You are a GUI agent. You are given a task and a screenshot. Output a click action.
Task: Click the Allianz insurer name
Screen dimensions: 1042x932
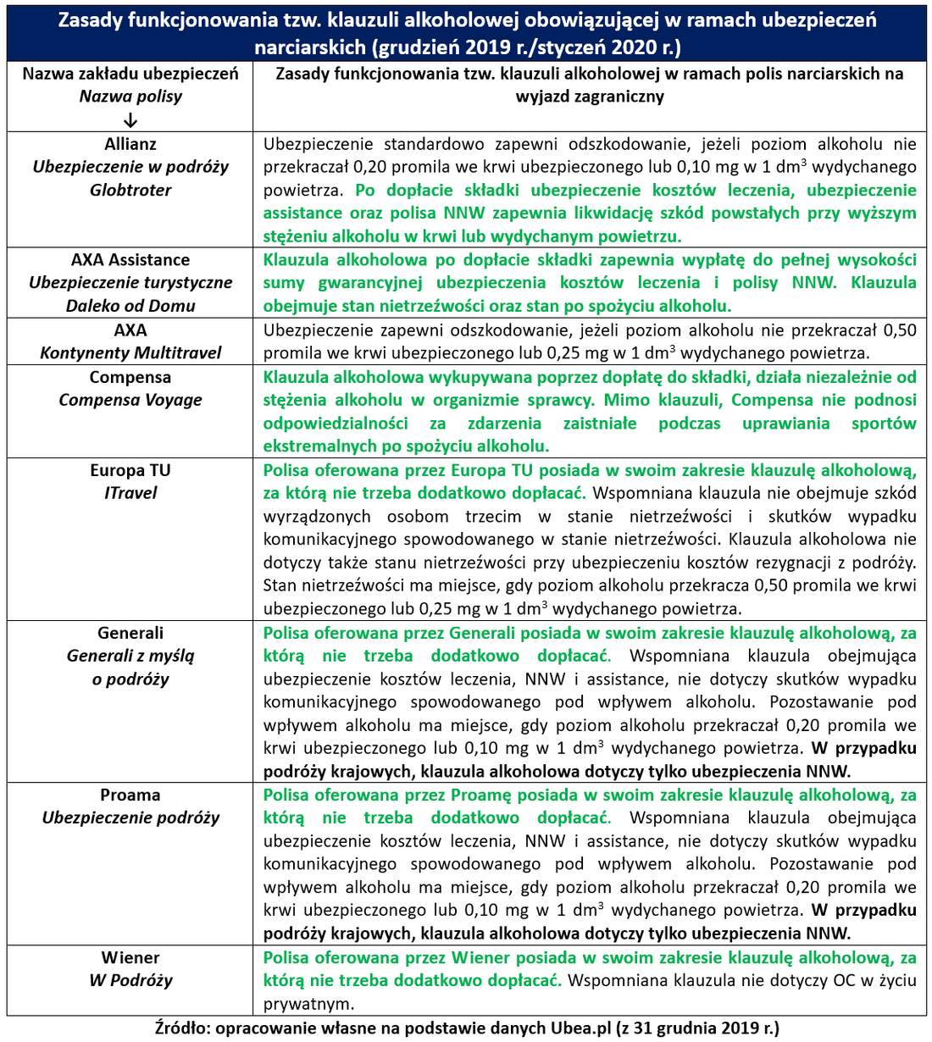click(x=130, y=144)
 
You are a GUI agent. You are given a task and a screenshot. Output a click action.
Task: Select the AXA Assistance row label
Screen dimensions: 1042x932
click(x=130, y=260)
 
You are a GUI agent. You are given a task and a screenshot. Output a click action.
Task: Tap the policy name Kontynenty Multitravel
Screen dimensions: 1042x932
click(x=130, y=353)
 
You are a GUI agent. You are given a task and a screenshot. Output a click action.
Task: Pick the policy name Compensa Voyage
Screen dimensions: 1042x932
click(x=130, y=400)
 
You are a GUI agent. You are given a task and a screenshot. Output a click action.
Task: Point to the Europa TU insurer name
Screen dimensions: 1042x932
click(x=130, y=470)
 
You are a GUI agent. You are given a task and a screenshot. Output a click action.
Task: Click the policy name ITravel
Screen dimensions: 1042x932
click(x=130, y=493)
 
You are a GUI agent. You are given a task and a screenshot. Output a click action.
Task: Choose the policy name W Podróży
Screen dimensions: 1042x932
click(x=130, y=981)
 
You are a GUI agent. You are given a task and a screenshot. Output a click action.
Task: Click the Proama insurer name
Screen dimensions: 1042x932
click(x=130, y=795)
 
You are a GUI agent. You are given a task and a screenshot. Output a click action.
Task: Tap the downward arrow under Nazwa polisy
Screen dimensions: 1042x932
click(x=130, y=119)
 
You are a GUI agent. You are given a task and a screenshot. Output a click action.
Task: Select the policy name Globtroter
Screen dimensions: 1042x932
click(x=130, y=191)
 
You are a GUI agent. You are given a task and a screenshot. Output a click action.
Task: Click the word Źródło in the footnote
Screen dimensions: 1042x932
click(x=180, y=1028)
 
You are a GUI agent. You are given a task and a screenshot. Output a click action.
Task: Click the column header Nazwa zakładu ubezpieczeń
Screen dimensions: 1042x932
click(x=130, y=74)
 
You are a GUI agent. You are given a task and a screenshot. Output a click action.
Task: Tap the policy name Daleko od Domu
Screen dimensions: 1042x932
click(x=130, y=306)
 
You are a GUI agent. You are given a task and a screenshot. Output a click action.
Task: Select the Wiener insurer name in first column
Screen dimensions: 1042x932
click(x=130, y=958)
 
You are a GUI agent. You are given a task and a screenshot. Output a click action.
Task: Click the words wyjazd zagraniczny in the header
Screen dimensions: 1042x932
click(x=590, y=97)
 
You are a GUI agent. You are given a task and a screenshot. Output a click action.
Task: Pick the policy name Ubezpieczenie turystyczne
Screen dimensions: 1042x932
click(x=130, y=283)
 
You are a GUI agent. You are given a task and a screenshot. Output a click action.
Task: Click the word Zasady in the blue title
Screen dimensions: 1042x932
click(x=92, y=20)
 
